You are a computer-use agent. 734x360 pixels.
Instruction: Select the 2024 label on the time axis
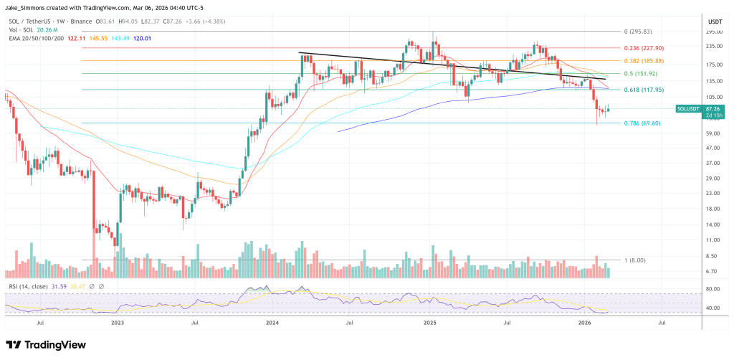click(x=272, y=323)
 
